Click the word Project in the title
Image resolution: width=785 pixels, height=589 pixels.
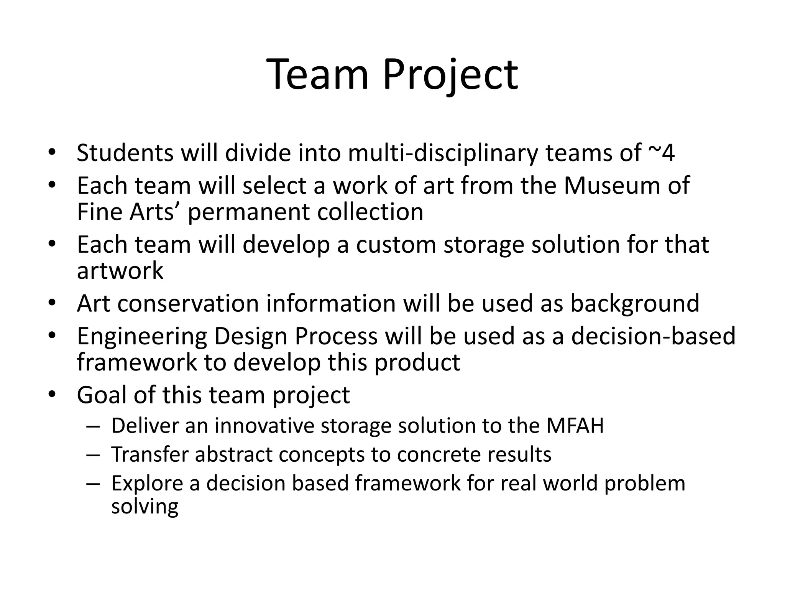450,75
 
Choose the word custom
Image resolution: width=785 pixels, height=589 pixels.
396,245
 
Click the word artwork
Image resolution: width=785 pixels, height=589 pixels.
120,271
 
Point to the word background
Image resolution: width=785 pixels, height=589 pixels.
635,304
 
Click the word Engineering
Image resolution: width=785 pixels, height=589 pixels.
142,337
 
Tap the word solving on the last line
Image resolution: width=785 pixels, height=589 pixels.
145,507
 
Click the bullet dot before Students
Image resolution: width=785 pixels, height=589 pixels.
52,151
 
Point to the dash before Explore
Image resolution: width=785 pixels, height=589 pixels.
93,484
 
